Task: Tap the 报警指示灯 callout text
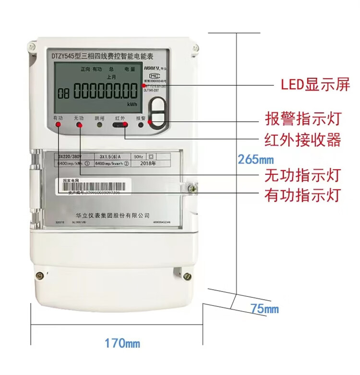click(302, 118)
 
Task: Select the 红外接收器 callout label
click(302, 140)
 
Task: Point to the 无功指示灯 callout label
click(302, 175)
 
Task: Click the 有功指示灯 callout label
click(302, 195)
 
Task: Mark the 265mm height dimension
click(255, 159)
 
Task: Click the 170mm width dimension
click(122, 343)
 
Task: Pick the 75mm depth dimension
click(264, 309)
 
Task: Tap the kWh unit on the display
click(132, 104)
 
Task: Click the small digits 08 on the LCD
click(63, 92)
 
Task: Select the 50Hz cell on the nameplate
click(138, 156)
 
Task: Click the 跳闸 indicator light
click(99, 125)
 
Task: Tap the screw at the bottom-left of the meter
click(40, 275)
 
